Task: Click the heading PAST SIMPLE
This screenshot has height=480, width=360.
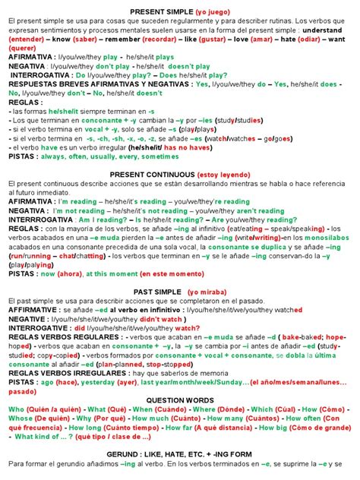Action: (155, 291)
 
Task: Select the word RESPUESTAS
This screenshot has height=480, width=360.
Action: (32, 84)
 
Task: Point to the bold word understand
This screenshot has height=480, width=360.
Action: (332, 30)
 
